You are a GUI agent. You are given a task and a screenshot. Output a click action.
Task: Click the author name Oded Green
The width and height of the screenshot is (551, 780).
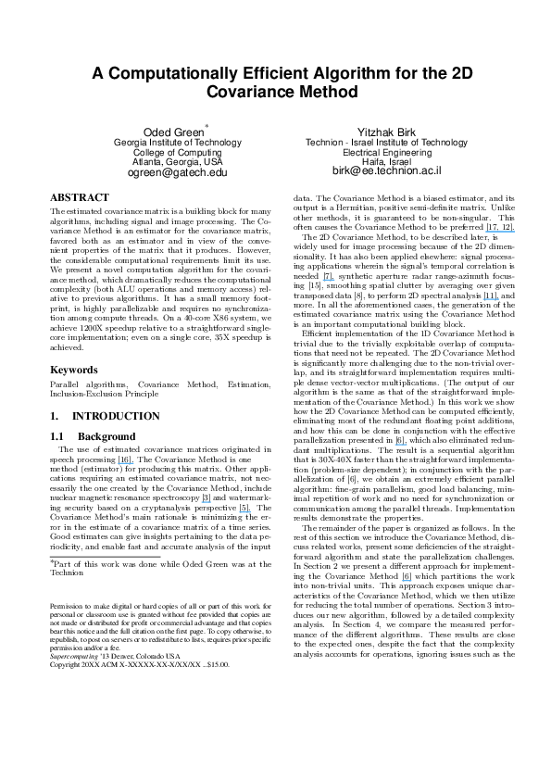coord(173,132)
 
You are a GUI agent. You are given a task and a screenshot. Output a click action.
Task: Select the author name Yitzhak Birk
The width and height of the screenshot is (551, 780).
coord(386,132)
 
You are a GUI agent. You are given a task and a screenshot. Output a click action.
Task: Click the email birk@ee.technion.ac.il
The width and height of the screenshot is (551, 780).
coord(386,172)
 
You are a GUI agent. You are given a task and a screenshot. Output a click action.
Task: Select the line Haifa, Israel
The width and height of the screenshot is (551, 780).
coord(386,161)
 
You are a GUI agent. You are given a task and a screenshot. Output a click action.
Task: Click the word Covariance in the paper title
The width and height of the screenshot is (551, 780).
coord(251,94)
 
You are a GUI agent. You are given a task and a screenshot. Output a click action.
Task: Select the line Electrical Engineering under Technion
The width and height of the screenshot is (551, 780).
coord(386,152)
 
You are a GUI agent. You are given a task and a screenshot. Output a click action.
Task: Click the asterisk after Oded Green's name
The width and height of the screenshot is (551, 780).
coord(207,127)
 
